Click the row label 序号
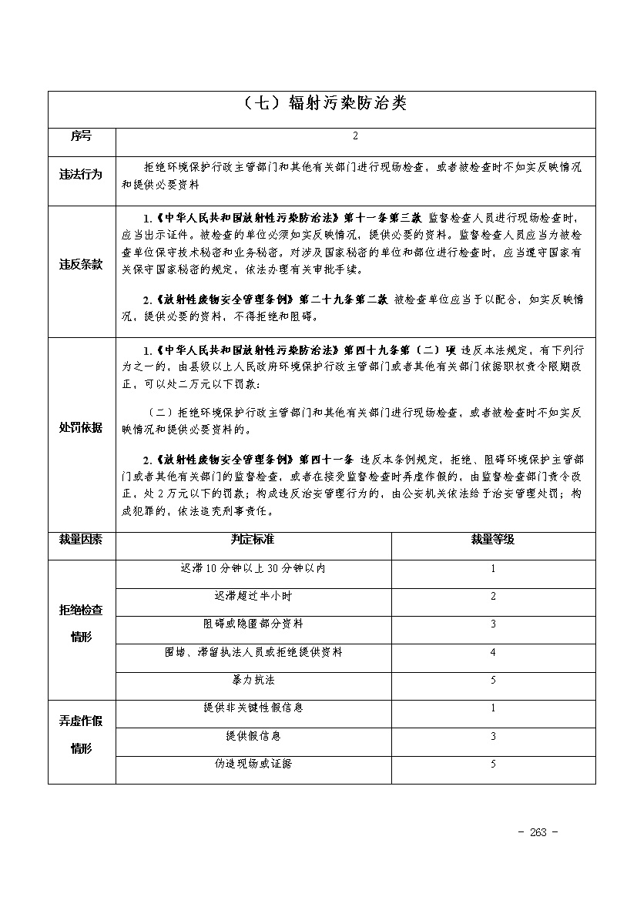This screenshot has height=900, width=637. tap(81, 136)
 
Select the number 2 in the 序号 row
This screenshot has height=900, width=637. tap(355, 136)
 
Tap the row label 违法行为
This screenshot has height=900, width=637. tap(81, 174)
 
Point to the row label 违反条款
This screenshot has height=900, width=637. tap(81, 264)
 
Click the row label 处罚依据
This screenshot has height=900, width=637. tap(81, 427)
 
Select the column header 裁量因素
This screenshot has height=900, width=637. tap(81, 539)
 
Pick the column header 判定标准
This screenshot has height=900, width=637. tap(253, 539)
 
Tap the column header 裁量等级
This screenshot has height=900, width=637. tap(493, 539)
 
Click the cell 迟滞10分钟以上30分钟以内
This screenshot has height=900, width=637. tap(253, 568)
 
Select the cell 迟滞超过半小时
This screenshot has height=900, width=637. tap(253, 596)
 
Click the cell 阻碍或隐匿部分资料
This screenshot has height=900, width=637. tap(253, 624)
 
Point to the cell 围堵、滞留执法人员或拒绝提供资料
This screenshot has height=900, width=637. tap(253, 652)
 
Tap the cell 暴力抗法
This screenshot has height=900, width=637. tap(253, 680)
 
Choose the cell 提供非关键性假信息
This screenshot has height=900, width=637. tap(253, 708)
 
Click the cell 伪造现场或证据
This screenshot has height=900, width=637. tap(253, 764)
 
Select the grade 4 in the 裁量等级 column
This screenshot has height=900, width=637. tap(493, 652)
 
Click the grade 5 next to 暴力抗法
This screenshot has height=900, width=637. tap(493, 680)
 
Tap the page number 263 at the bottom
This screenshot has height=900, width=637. tap(538, 832)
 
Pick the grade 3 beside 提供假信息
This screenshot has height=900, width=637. tap(493, 736)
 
